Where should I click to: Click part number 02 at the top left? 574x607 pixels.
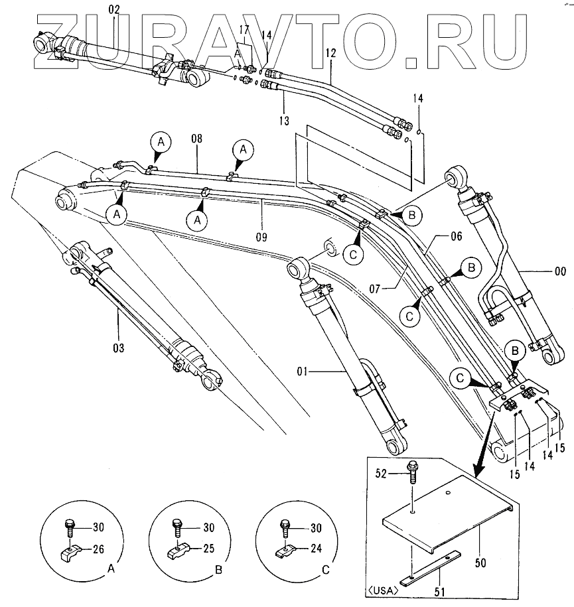[113, 9]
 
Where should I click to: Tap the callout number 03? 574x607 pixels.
[117, 347]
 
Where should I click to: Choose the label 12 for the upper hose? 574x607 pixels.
[332, 53]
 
